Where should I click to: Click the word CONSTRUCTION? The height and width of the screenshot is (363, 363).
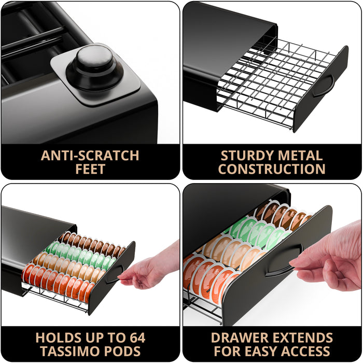[272, 169]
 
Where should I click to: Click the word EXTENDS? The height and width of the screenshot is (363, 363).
[303, 338]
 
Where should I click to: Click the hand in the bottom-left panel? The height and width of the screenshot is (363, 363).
[150, 269]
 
